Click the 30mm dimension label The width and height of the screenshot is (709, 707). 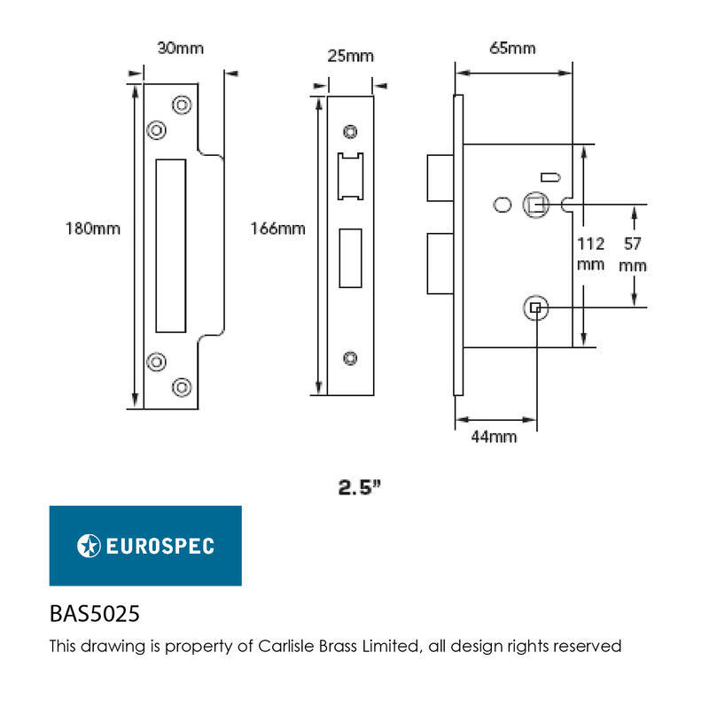(x=181, y=48)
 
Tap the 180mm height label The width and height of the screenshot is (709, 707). (x=93, y=229)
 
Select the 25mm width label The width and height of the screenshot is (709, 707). (x=350, y=56)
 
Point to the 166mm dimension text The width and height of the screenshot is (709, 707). (x=277, y=229)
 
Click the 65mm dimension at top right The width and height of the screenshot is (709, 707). (x=512, y=48)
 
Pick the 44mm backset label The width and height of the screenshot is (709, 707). (x=494, y=437)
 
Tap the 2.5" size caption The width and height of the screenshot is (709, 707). (x=360, y=487)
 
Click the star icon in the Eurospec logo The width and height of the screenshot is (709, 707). (x=89, y=546)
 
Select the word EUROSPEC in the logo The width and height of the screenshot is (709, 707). (x=160, y=546)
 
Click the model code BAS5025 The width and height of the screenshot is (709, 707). (x=95, y=614)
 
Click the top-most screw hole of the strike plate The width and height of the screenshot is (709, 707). (x=182, y=105)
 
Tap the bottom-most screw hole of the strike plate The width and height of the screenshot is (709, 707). (x=182, y=387)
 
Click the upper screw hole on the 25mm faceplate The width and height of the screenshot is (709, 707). (x=350, y=131)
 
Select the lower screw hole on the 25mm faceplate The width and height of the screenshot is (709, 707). (x=350, y=358)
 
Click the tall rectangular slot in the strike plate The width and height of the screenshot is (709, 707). (x=171, y=245)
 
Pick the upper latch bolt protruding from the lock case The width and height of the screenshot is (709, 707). (x=440, y=178)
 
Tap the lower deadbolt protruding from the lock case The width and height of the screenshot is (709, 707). (x=440, y=263)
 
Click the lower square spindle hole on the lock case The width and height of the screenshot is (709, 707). (x=535, y=307)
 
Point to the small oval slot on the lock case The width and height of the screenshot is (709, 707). (x=550, y=177)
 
